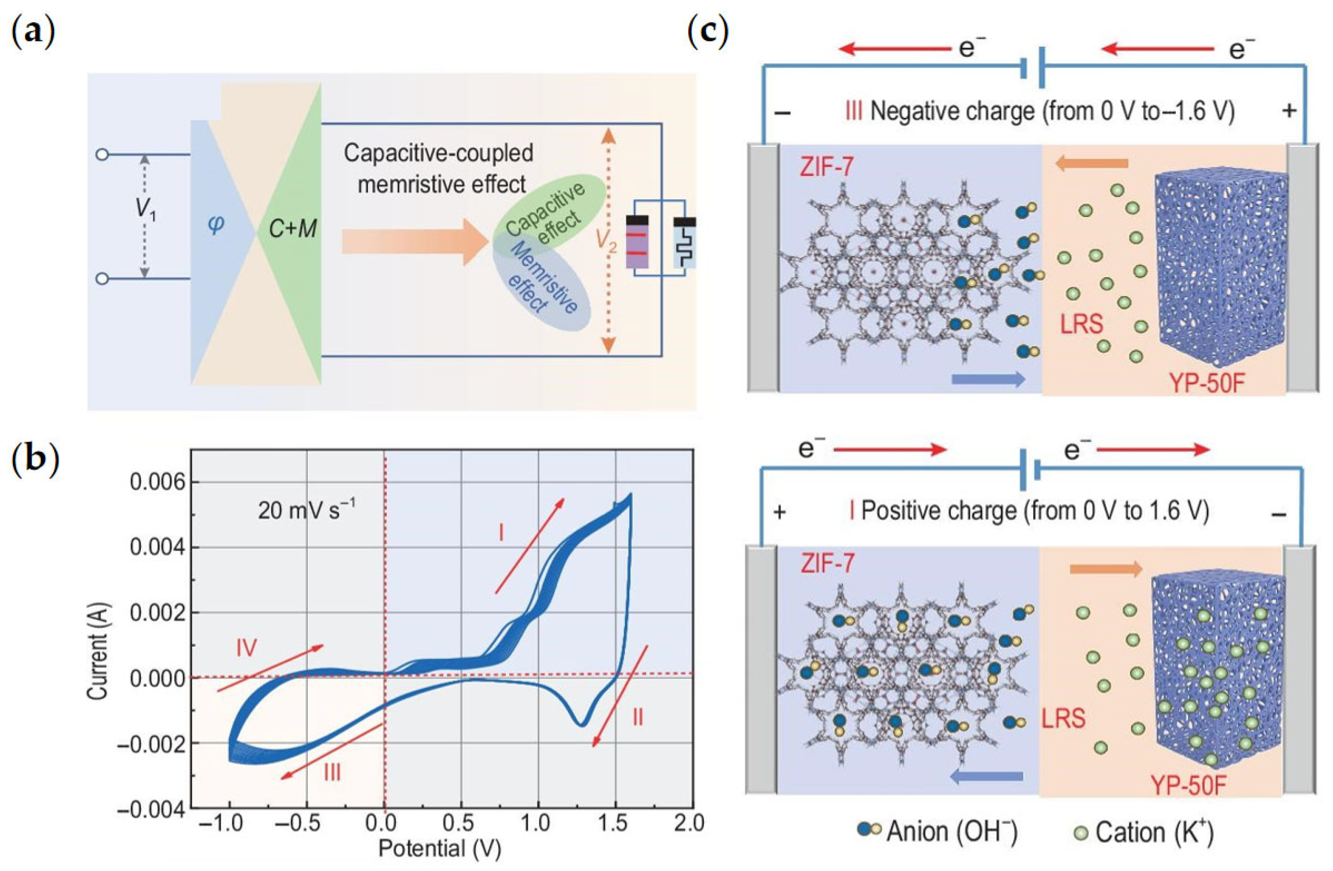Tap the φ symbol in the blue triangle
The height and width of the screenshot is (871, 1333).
point(216,224)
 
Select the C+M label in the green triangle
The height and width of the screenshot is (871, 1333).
point(293,228)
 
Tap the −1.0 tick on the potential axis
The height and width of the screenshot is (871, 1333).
point(228,824)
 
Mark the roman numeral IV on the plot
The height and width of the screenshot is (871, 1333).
point(246,648)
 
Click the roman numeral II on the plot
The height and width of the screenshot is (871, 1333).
point(637,717)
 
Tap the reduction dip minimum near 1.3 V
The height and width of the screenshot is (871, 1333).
point(583,725)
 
